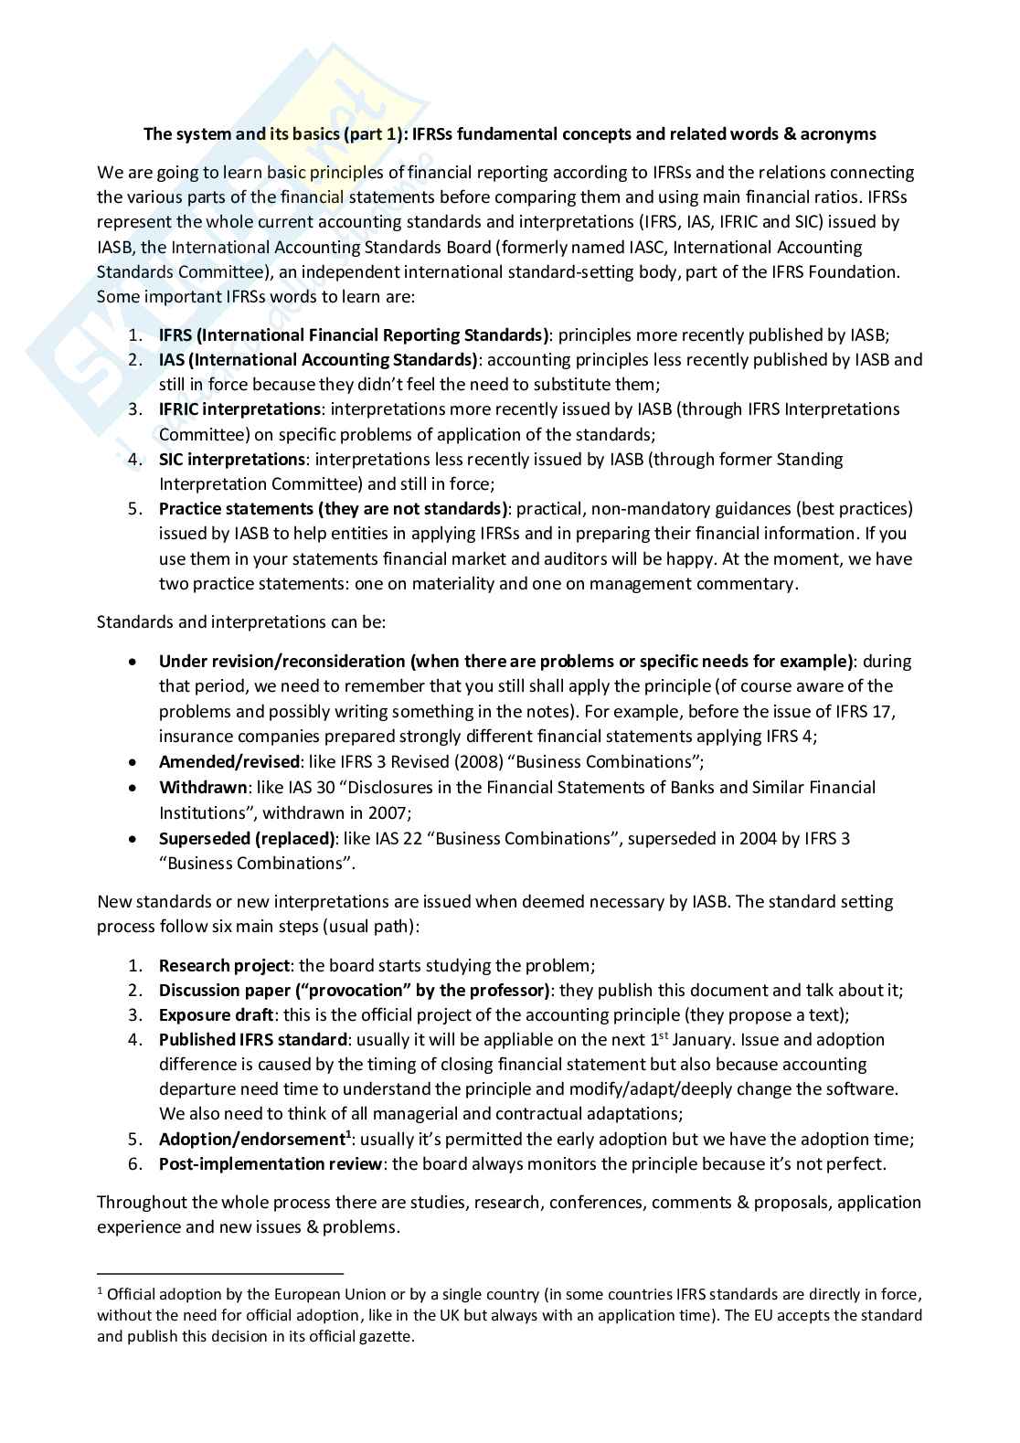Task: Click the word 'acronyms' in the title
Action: tap(837, 134)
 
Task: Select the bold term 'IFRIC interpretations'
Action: tap(239, 409)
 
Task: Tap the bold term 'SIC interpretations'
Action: tap(231, 459)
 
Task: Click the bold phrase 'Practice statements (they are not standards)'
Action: tap(334, 509)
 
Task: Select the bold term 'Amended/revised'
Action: tap(228, 762)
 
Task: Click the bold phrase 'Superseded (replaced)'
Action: tap(247, 838)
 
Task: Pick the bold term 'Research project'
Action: tap(224, 966)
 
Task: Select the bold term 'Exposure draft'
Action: tap(216, 1015)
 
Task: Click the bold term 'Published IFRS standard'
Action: tap(252, 1040)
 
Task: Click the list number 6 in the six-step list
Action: tap(133, 1164)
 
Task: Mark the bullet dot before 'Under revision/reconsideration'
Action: tap(134, 662)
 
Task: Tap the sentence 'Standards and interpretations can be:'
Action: tap(241, 622)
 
